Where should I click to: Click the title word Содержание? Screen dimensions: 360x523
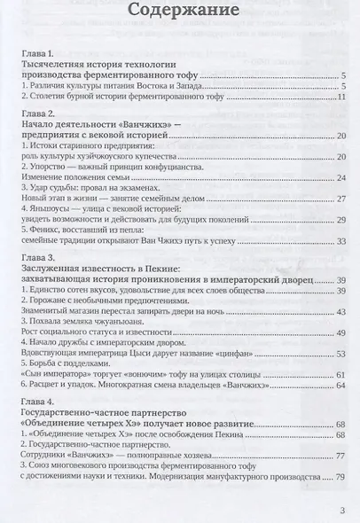(181, 13)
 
